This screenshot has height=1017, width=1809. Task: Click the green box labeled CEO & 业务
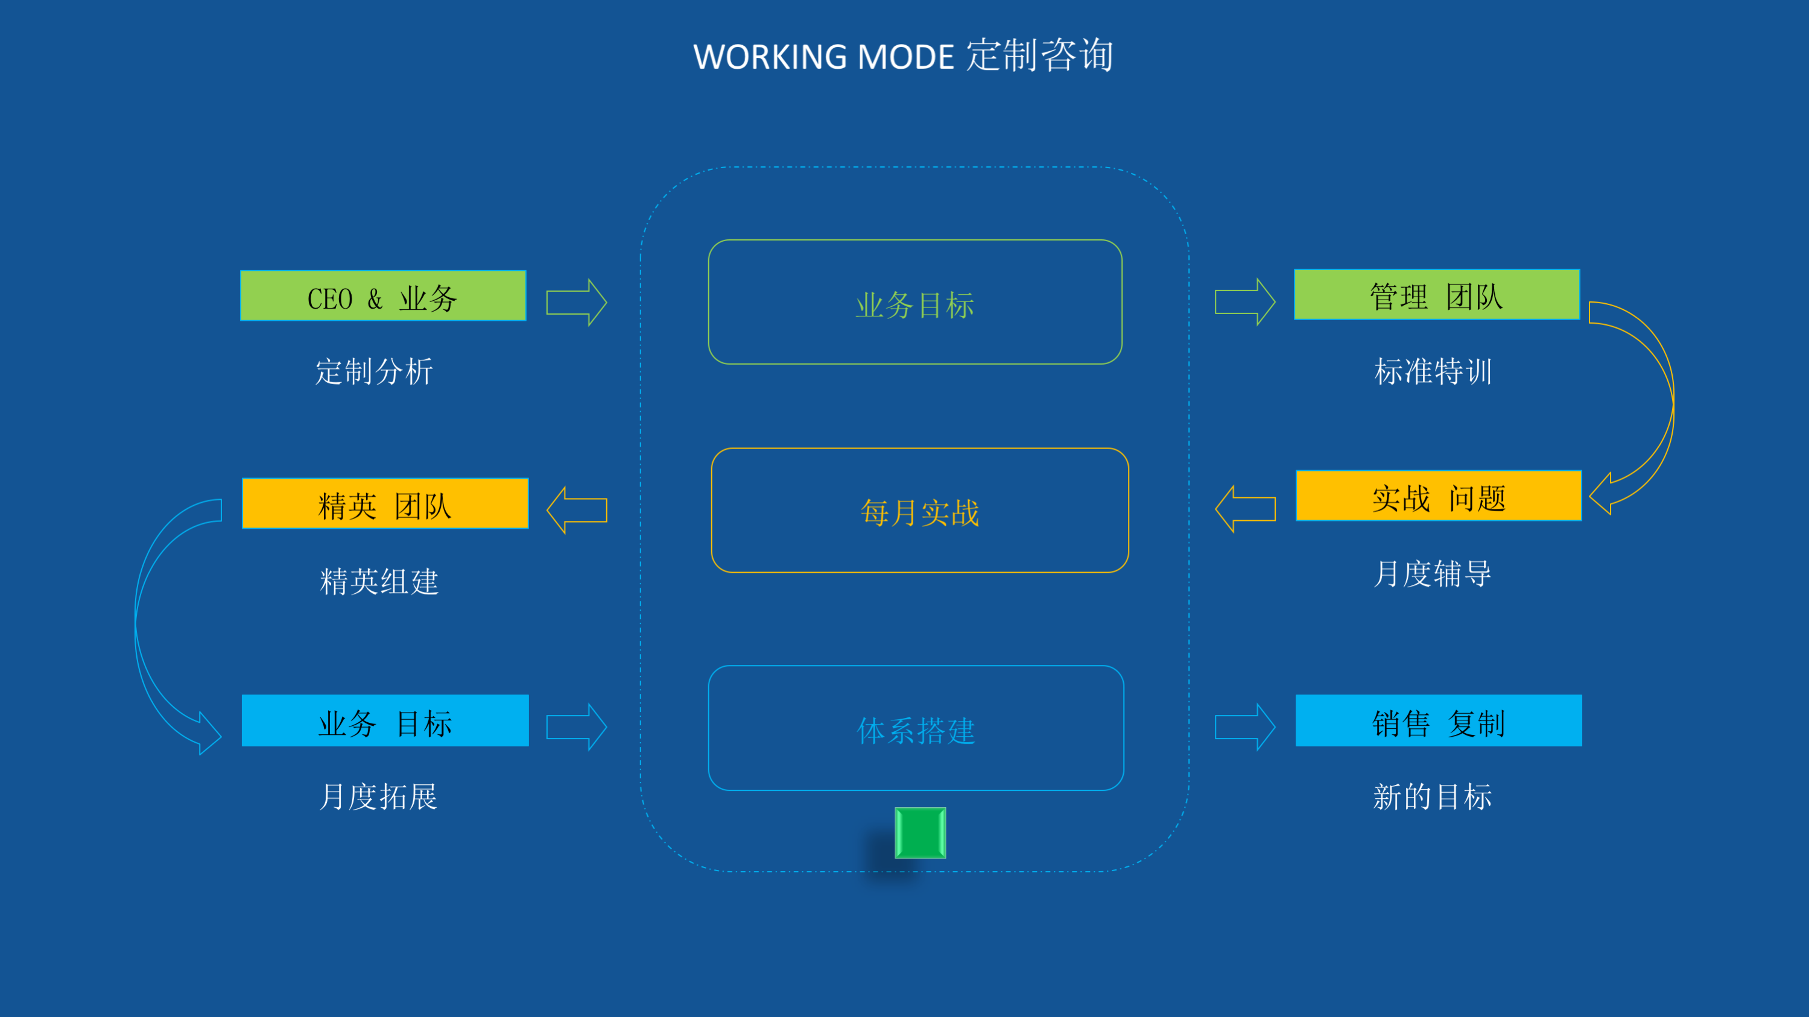point(382,296)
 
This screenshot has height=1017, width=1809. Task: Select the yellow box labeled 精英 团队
point(385,504)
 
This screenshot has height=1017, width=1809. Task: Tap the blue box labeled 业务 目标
point(385,721)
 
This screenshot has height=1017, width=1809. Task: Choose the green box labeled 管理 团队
point(1437,295)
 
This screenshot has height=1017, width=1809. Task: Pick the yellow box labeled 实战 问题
point(1438,496)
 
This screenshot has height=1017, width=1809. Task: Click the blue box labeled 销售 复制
point(1438,721)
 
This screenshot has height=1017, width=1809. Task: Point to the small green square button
point(920,833)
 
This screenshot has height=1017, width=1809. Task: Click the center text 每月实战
point(920,512)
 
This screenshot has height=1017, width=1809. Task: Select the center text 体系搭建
point(916,731)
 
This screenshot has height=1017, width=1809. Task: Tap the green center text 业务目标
point(915,305)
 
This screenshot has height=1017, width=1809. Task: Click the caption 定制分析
point(375,371)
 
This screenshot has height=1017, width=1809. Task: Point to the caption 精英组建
point(379,581)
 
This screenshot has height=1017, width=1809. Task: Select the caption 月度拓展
point(378,796)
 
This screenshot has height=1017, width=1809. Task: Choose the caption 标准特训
point(1433,371)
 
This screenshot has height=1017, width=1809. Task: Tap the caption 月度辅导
point(1433,573)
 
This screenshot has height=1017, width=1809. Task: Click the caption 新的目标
point(1433,796)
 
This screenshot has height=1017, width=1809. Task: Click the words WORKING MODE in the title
point(823,57)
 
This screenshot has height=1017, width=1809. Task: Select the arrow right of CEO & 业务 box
point(577,303)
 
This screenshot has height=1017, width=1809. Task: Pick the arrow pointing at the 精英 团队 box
point(577,510)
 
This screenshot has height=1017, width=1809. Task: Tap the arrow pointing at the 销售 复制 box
point(1245,727)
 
